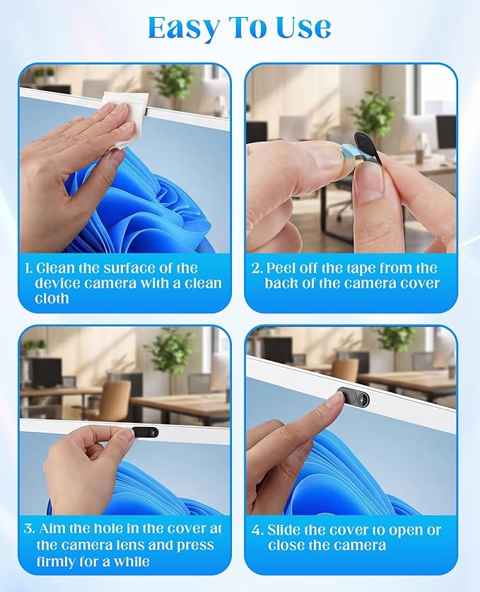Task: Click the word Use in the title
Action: pyautogui.click(x=304, y=28)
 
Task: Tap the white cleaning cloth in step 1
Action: pyautogui.click(x=123, y=118)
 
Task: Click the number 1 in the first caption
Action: pyautogui.click(x=28, y=268)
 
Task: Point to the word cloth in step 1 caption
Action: pyautogui.click(x=52, y=298)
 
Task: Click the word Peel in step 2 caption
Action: pyautogui.click(x=279, y=268)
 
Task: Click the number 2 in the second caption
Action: pyautogui.click(x=256, y=268)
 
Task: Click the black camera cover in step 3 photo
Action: pyautogui.click(x=145, y=432)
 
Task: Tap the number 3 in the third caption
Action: pyautogui.click(x=29, y=528)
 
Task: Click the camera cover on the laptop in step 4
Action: pyautogui.click(x=353, y=398)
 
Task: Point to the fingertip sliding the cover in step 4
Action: pyautogui.click(x=334, y=401)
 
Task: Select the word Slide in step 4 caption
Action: pyautogui.click(x=283, y=530)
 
